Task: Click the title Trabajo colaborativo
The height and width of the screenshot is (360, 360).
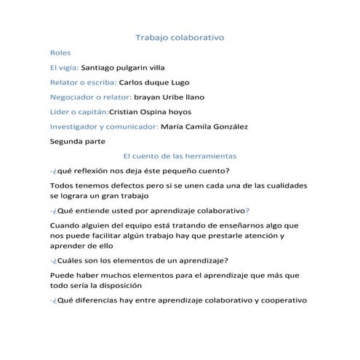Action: [180, 36]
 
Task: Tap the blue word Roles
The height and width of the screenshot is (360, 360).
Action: [60, 52]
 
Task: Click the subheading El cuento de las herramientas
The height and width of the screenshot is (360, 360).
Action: [180, 156]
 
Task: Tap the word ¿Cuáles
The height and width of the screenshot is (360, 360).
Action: [71, 261]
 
